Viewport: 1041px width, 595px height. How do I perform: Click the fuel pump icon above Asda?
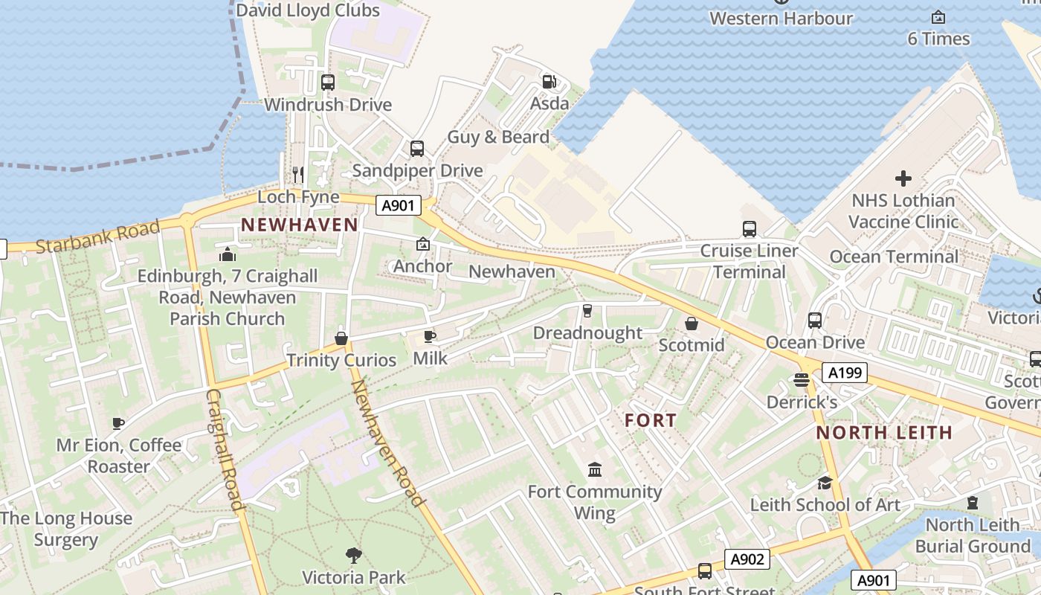[x=549, y=81]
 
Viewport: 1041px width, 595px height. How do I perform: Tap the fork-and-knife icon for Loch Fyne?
[x=298, y=175]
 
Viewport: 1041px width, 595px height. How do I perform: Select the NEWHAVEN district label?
[x=300, y=225]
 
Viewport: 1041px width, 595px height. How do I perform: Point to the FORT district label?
[x=651, y=420]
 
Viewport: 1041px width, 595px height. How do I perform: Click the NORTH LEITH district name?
[x=884, y=432]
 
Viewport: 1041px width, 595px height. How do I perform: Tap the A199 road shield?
[x=845, y=373]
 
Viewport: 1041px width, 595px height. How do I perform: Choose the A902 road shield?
[x=747, y=559]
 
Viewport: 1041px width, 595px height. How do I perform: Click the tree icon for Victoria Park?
[x=354, y=555]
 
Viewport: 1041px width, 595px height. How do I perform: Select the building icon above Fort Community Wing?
[x=595, y=469]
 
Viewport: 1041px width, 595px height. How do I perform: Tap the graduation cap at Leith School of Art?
[x=825, y=483]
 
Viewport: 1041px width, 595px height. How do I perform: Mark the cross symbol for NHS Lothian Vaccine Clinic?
[x=903, y=178]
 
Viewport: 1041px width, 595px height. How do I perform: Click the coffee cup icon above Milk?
[x=430, y=337]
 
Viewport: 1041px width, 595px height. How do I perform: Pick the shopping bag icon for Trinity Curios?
[x=341, y=338]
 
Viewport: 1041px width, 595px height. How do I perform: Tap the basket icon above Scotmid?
[x=692, y=324]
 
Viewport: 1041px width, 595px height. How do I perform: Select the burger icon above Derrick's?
[x=802, y=380]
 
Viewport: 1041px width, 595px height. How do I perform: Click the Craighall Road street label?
[x=225, y=450]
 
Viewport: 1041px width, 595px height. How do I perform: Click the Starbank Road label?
[x=97, y=236]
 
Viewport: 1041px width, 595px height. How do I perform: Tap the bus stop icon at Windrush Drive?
[x=328, y=83]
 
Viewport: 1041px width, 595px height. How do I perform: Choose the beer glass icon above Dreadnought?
[x=587, y=310]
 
